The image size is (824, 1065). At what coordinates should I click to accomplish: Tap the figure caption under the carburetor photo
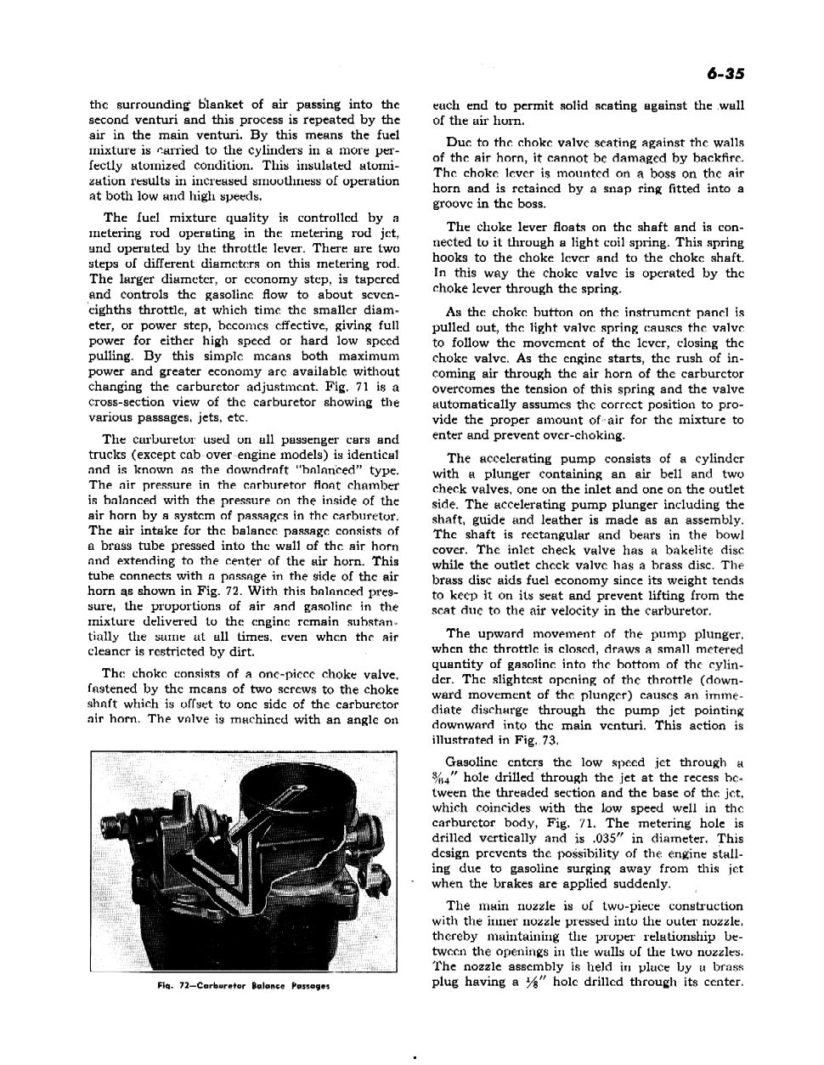pos(243,987)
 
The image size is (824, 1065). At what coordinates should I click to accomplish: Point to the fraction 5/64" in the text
pos(444,778)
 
